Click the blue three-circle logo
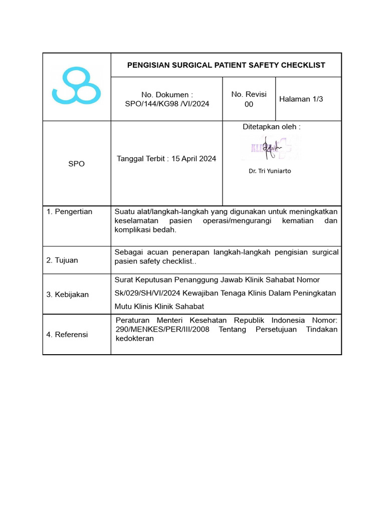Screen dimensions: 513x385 76,86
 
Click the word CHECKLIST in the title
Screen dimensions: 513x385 302,65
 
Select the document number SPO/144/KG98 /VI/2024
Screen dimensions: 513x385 167,104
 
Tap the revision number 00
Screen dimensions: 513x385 249,104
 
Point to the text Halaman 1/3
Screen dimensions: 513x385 301,99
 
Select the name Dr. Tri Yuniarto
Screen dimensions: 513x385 270,171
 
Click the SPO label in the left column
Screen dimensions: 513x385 76,164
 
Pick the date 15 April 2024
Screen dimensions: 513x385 194,159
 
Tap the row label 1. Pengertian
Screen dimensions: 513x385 69,211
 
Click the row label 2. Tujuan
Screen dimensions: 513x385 62,260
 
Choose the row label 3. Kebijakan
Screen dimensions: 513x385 67,295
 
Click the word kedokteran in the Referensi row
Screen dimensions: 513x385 134,339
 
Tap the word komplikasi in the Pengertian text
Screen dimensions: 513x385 133,230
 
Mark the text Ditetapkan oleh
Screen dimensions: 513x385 271,127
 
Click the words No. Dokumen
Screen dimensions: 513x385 167,94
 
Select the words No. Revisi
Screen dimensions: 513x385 249,94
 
